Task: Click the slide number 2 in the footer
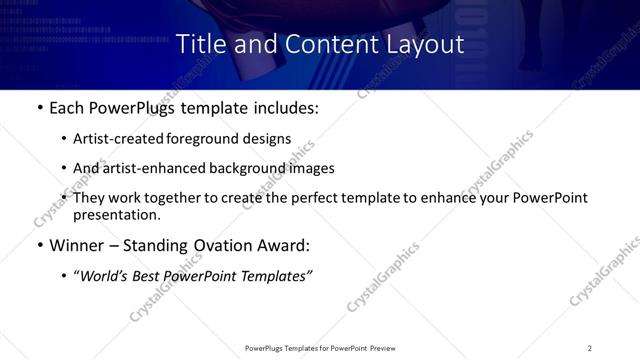tap(589, 347)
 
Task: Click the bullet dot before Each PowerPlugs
tap(39, 107)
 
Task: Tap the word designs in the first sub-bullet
tap(267, 139)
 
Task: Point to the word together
tap(186, 198)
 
